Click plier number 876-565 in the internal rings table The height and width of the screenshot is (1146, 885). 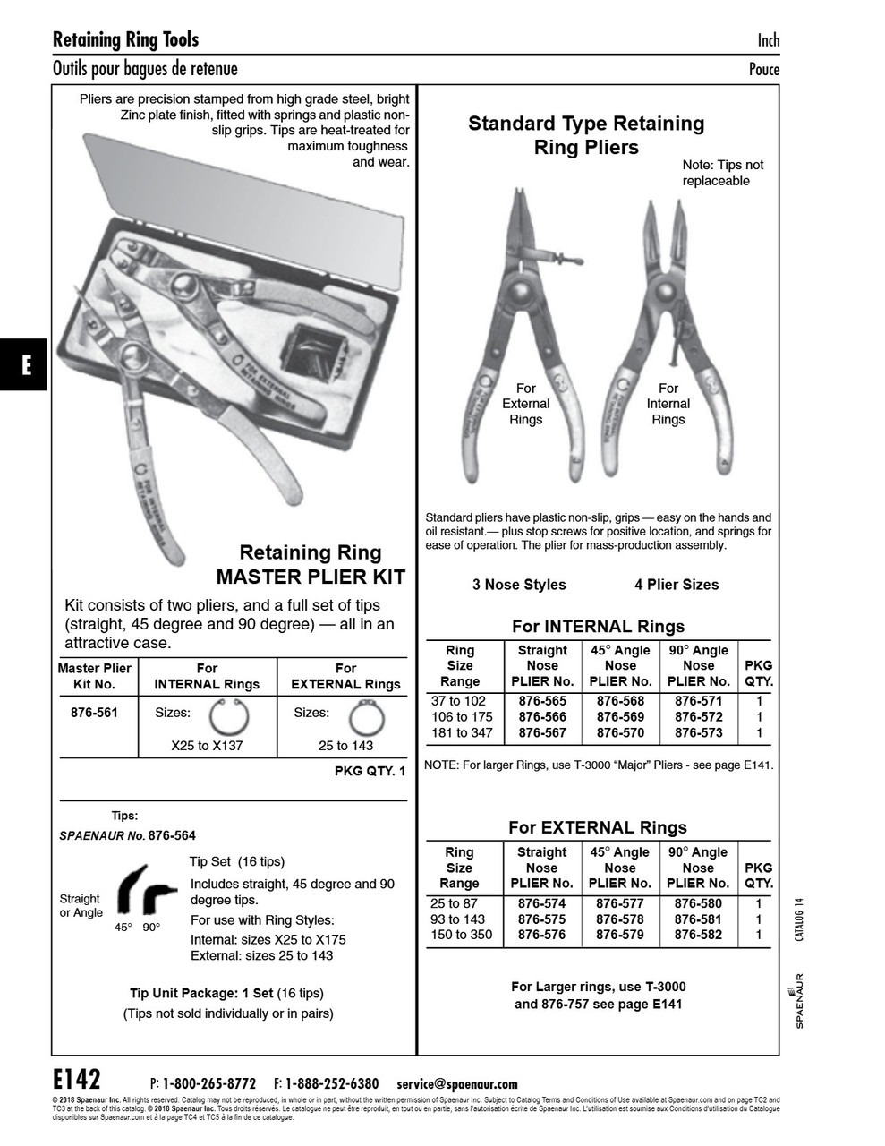coord(542,701)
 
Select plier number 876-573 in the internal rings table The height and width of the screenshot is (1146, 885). coord(698,732)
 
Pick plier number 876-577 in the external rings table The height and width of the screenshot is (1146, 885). coord(619,903)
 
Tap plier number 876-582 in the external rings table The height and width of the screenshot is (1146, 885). coord(698,935)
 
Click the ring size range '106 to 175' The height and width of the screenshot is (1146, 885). coord(462,717)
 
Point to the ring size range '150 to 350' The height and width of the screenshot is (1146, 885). coord(461,935)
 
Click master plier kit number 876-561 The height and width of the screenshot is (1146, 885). coord(94,714)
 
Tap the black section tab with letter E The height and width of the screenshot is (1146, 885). coord(26,365)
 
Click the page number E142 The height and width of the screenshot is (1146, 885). coord(77,1077)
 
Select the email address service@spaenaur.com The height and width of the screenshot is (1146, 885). coord(456,1083)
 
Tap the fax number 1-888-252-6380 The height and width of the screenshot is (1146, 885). coord(331,1083)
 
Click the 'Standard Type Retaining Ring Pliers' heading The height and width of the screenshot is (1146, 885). coord(586,135)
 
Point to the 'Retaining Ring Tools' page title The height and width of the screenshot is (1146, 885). coord(125,39)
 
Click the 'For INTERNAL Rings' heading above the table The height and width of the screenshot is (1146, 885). coord(598,627)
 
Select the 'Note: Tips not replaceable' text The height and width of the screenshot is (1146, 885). coord(723,173)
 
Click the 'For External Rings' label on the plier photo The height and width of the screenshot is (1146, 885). coord(525,404)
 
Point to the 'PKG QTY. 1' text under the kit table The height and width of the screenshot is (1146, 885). coord(370,771)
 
